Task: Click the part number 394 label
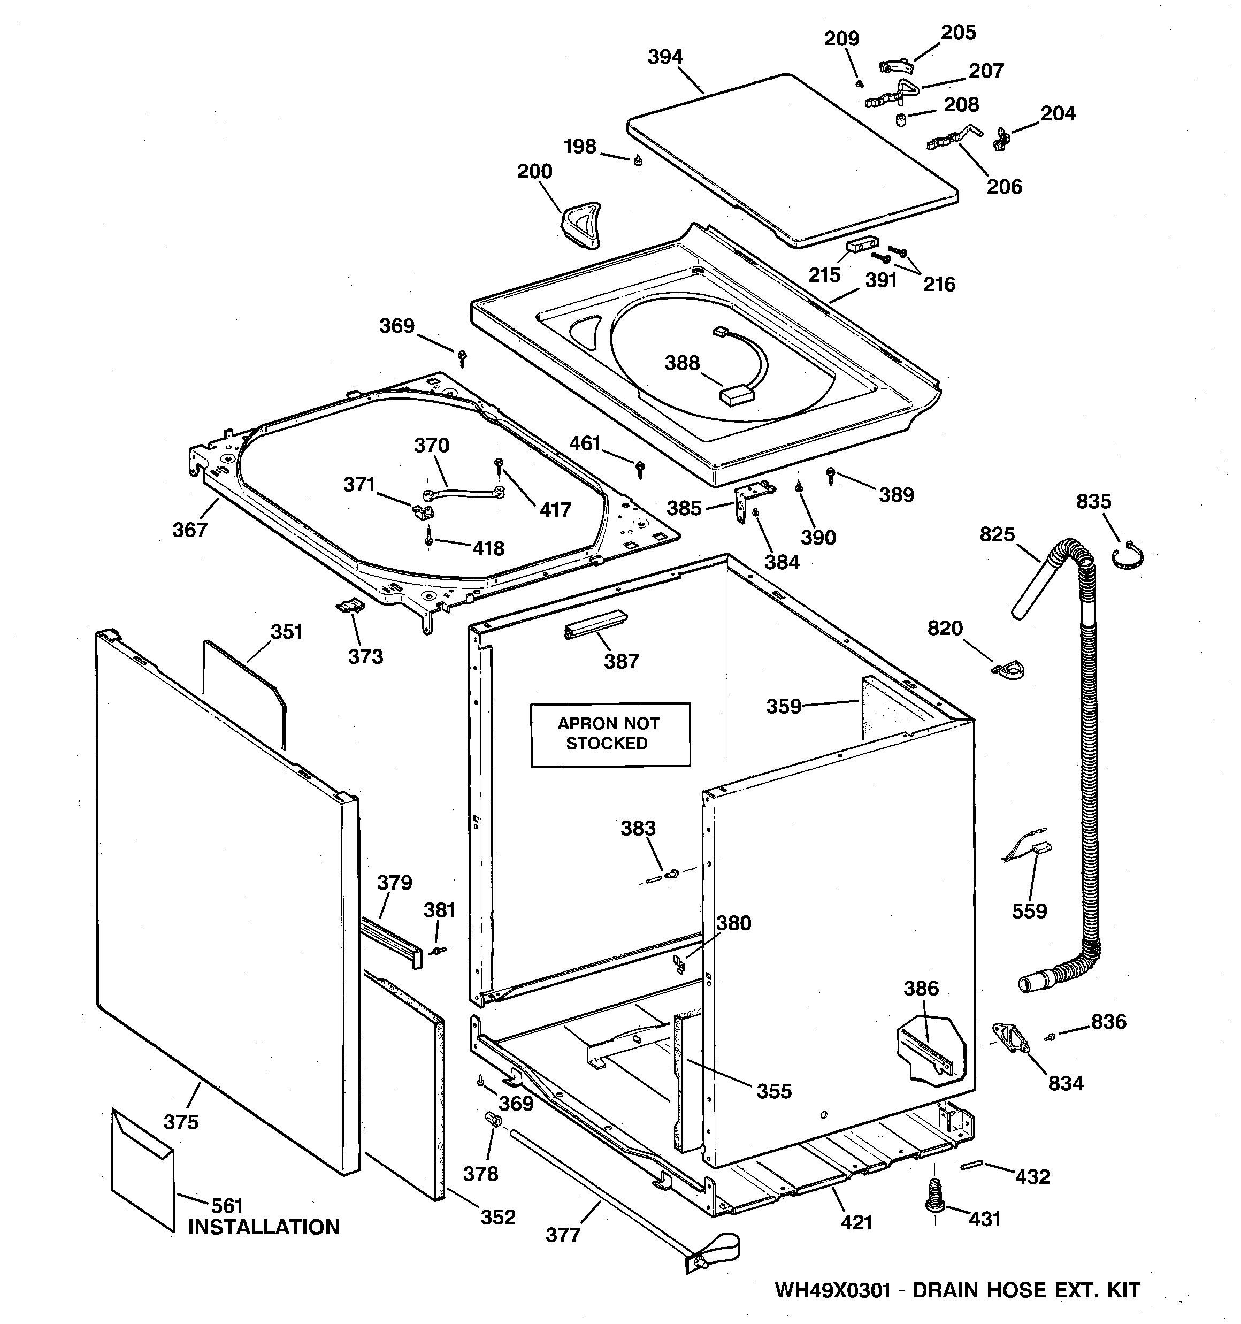(x=665, y=57)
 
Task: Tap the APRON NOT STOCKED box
(x=609, y=734)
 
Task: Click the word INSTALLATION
(x=264, y=1227)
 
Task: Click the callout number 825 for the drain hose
(x=997, y=534)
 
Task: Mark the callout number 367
(x=190, y=530)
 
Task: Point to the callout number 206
(x=1004, y=187)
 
